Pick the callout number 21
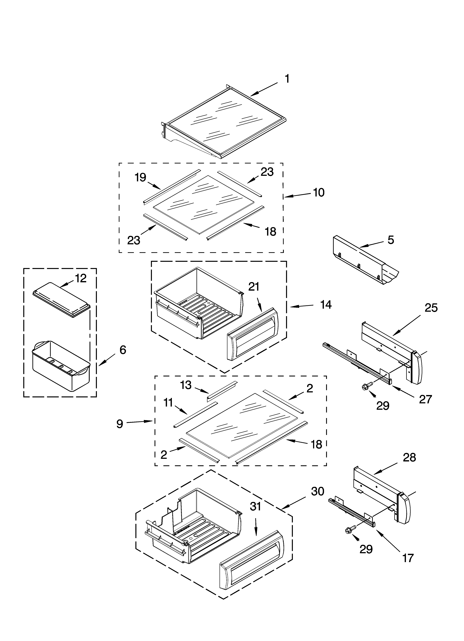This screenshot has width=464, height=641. pyautogui.click(x=254, y=287)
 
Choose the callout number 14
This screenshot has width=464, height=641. pyautogui.click(x=326, y=305)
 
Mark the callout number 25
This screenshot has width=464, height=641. pyautogui.click(x=431, y=308)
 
